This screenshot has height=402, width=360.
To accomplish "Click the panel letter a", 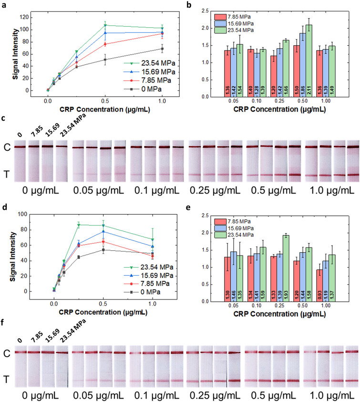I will click(4, 4).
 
